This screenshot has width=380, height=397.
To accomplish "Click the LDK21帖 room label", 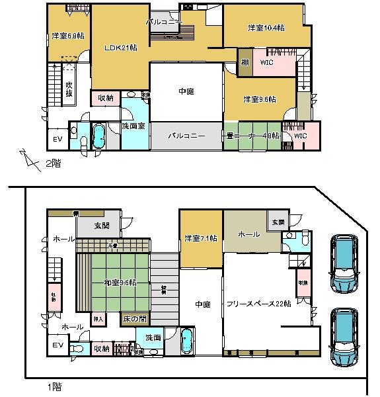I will pyautogui.click(x=120, y=48).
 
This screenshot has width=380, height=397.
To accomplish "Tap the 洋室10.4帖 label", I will pyautogui.click(x=266, y=28).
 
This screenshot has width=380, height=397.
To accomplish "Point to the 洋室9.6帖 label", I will pyautogui.click(x=259, y=99).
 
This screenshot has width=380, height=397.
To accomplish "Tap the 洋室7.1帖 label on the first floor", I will pyautogui.click(x=201, y=239).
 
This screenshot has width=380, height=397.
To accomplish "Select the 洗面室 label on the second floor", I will pyautogui.click(x=133, y=126).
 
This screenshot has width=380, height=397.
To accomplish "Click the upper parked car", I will pyautogui.click(x=344, y=264).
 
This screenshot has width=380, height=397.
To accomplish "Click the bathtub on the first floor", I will pyautogui.click(x=187, y=342).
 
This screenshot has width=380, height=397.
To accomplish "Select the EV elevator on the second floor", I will pyautogui.click(x=57, y=140).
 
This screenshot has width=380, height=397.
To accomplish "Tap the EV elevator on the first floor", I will pyautogui.click(x=57, y=345).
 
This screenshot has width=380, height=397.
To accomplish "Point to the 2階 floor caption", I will pyautogui.click(x=52, y=164).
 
